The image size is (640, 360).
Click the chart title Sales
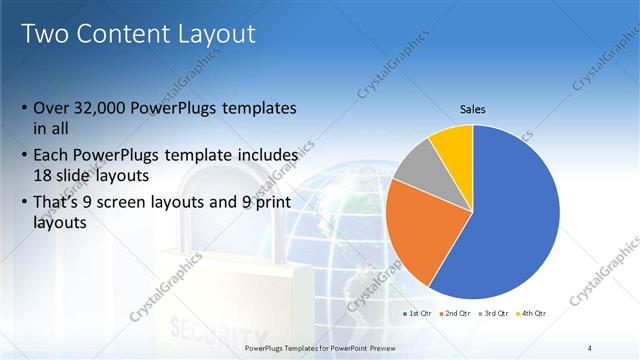pyautogui.click(x=472, y=109)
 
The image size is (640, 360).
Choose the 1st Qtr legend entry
pyautogui.click(x=419, y=314)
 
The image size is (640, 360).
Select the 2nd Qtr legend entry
pyautogui.click(x=457, y=314)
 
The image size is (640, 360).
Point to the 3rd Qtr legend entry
pyautogui.click(x=495, y=314)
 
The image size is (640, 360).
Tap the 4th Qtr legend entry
pyautogui.click(x=533, y=314)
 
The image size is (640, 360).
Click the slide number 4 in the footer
pyautogui.click(x=590, y=347)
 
